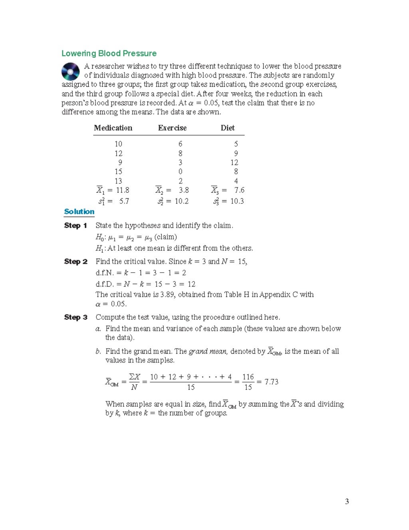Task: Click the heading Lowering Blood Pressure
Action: (109, 54)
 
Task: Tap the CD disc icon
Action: (70, 72)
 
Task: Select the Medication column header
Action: (113, 128)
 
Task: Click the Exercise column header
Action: (172, 128)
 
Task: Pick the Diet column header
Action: (228, 128)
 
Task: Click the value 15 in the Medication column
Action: (118, 171)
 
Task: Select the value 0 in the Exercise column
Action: (181, 171)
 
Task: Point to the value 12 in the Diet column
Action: (234, 162)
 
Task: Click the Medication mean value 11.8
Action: (123, 190)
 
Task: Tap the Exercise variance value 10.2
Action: (182, 201)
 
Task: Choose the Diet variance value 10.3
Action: (237, 201)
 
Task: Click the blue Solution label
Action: (79, 212)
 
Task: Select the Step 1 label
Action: (75, 225)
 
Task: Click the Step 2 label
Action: (75, 261)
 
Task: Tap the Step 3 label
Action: (75, 317)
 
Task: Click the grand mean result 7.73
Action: (271, 382)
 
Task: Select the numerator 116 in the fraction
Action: (248, 377)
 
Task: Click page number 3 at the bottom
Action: (347, 502)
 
